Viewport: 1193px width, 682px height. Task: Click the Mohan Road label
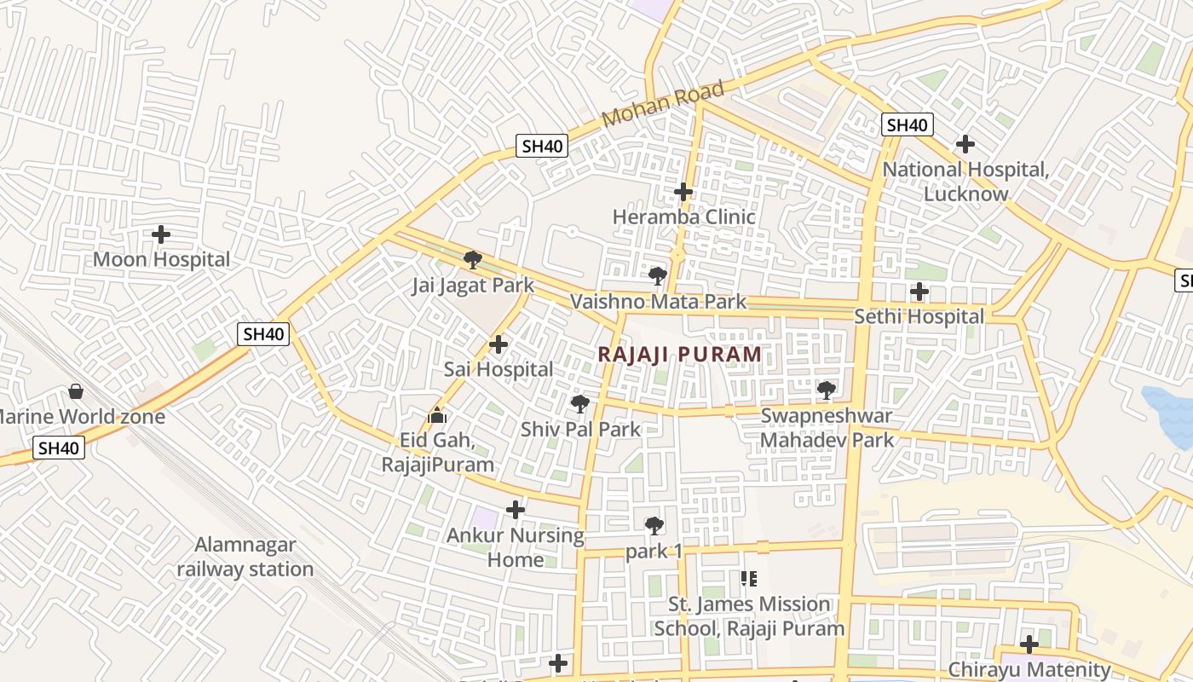(x=663, y=104)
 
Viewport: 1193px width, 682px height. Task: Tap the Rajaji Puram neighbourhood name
(x=679, y=354)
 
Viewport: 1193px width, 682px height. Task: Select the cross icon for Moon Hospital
(x=161, y=234)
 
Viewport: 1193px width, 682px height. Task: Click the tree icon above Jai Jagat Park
(x=473, y=260)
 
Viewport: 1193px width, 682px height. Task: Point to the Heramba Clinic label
(x=683, y=217)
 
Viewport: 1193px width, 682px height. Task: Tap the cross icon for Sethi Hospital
(x=919, y=292)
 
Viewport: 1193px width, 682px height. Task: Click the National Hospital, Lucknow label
(x=965, y=182)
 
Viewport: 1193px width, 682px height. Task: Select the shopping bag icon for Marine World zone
(x=76, y=391)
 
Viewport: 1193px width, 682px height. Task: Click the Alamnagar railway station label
(x=245, y=557)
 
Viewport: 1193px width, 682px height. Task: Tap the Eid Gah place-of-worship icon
(x=437, y=415)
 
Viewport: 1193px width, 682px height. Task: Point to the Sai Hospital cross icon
(x=499, y=344)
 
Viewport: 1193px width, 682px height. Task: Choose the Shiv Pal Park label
(x=580, y=429)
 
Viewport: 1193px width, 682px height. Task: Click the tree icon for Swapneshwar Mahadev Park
(x=826, y=390)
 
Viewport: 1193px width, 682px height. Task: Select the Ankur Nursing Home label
(x=516, y=547)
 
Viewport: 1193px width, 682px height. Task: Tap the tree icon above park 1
(x=654, y=526)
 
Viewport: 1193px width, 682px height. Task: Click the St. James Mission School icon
(x=749, y=580)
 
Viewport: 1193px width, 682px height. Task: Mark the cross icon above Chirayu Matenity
(x=1029, y=644)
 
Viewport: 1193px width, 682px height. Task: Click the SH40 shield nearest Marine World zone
(x=60, y=448)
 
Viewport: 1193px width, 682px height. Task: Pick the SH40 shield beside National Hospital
(x=907, y=125)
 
